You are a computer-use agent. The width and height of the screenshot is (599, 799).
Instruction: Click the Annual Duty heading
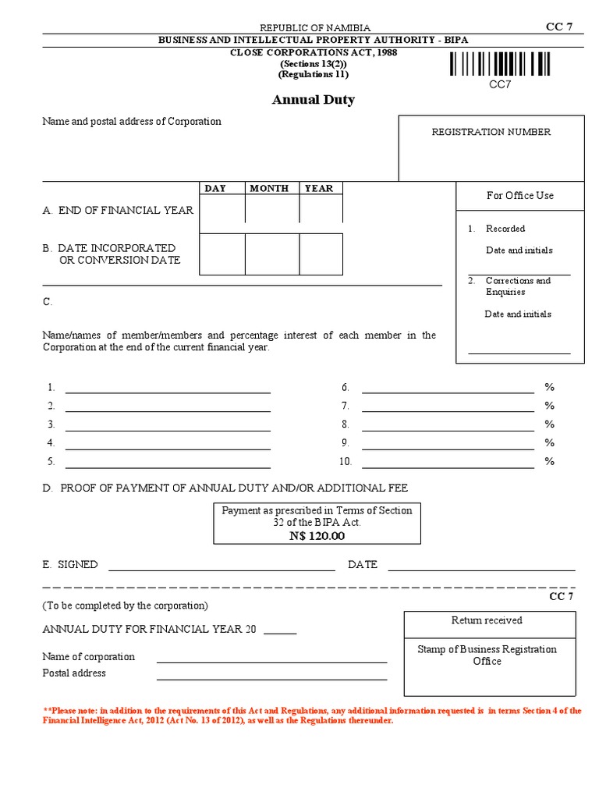(313, 100)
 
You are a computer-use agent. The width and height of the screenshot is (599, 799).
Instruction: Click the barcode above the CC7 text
(500, 64)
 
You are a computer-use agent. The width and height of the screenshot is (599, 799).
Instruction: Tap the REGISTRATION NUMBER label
(491, 132)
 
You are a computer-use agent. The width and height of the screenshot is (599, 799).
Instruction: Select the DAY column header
(215, 188)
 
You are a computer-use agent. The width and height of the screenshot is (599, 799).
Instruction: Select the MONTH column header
(269, 188)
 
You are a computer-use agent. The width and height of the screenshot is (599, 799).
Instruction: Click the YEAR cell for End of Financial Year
(321, 209)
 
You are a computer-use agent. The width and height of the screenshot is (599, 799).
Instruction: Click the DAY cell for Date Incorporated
(222, 254)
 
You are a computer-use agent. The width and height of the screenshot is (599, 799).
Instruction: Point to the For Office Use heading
(519, 195)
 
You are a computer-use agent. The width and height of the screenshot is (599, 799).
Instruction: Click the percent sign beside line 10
(549, 461)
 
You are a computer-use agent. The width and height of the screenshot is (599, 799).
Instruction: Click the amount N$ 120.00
(317, 535)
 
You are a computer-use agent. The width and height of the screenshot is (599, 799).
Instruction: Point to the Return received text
(487, 620)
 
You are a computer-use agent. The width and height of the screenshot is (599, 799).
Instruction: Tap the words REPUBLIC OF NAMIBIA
(315, 27)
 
